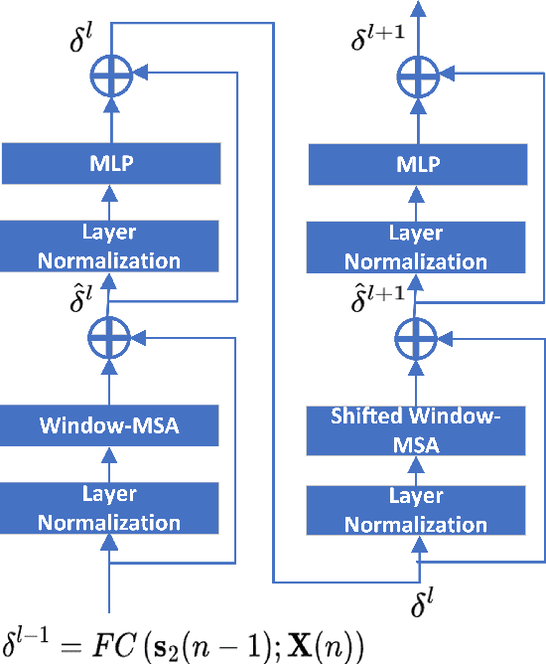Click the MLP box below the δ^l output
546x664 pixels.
pos(110,164)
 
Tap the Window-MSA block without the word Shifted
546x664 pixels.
pos(110,427)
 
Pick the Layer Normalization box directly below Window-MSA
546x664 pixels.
pos(110,508)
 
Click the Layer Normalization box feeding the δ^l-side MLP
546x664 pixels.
pos(110,247)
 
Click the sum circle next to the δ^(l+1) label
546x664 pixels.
pos(417,74)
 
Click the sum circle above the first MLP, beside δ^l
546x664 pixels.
pos(110,74)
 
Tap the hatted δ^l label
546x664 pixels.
pos(79,295)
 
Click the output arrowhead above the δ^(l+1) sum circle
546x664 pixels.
pos(417,8)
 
